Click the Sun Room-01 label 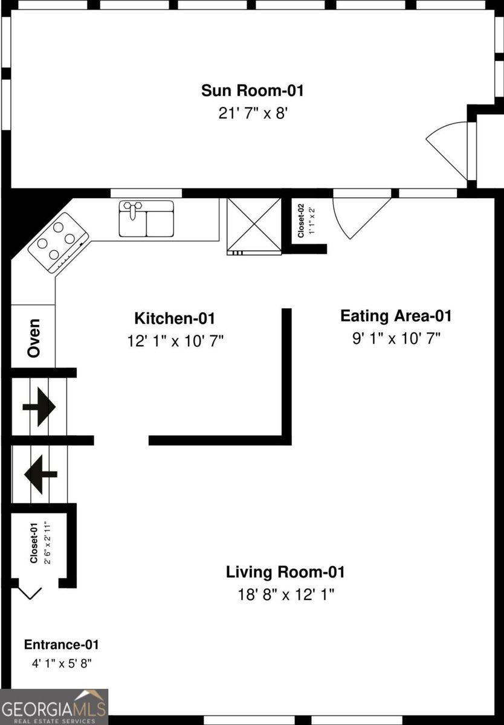coord(252,91)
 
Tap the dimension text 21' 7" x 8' coord(252,114)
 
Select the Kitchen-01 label coord(174,318)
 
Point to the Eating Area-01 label coord(396,315)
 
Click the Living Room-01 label coord(285,572)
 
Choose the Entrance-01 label coord(61,645)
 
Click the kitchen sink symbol coord(146,219)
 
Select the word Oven coord(34,338)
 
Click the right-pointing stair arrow coord(39,407)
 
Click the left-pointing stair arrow coord(40,474)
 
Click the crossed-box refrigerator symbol coord(254,225)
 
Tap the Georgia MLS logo coord(54,707)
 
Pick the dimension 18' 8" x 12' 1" coord(285,594)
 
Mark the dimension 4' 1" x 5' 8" coord(61,663)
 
